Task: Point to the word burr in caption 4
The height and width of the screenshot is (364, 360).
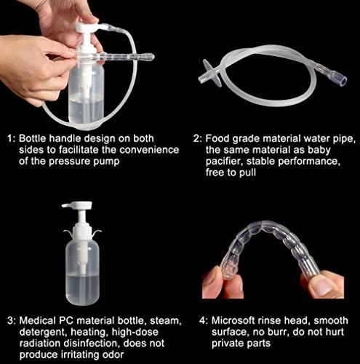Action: click(x=272, y=331)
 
